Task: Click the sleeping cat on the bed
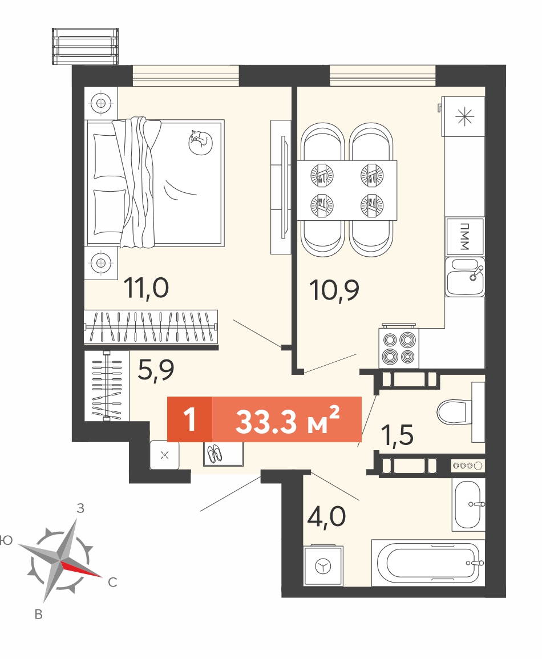pyautogui.click(x=200, y=143)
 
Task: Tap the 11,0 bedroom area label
pyautogui.click(x=146, y=289)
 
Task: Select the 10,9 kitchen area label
pyautogui.click(x=334, y=290)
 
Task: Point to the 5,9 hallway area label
pyautogui.click(x=156, y=370)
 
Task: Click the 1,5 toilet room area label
pyautogui.click(x=397, y=435)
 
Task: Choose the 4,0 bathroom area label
pyautogui.click(x=326, y=516)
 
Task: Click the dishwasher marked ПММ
pyautogui.click(x=464, y=237)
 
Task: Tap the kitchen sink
pyautogui.click(x=464, y=277)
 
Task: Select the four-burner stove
pyautogui.click(x=399, y=347)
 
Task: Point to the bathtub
pyautogui.click(x=428, y=563)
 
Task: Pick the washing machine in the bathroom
pyautogui.click(x=323, y=565)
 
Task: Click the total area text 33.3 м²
pyautogui.click(x=288, y=421)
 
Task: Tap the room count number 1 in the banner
pyautogui.click(x=190, y=419)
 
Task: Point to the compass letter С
pyautogui.click(x=112, y=582)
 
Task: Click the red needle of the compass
pyautogui.click(x=81, y=569)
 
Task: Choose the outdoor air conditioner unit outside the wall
pyautogui.click(x=85, y=46)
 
